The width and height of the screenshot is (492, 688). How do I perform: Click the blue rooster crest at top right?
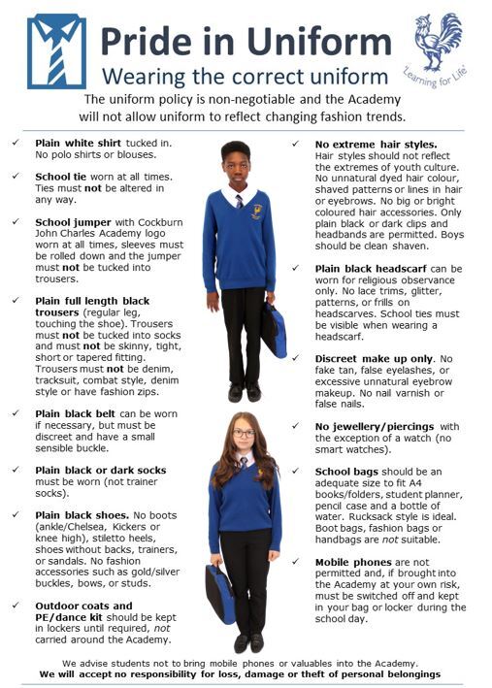pos(441,41)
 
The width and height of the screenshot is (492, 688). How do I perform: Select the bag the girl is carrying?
pos(217,593)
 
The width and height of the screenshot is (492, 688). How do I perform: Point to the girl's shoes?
pos(248,642)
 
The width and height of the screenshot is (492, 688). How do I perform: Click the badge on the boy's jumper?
pos(257,211)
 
